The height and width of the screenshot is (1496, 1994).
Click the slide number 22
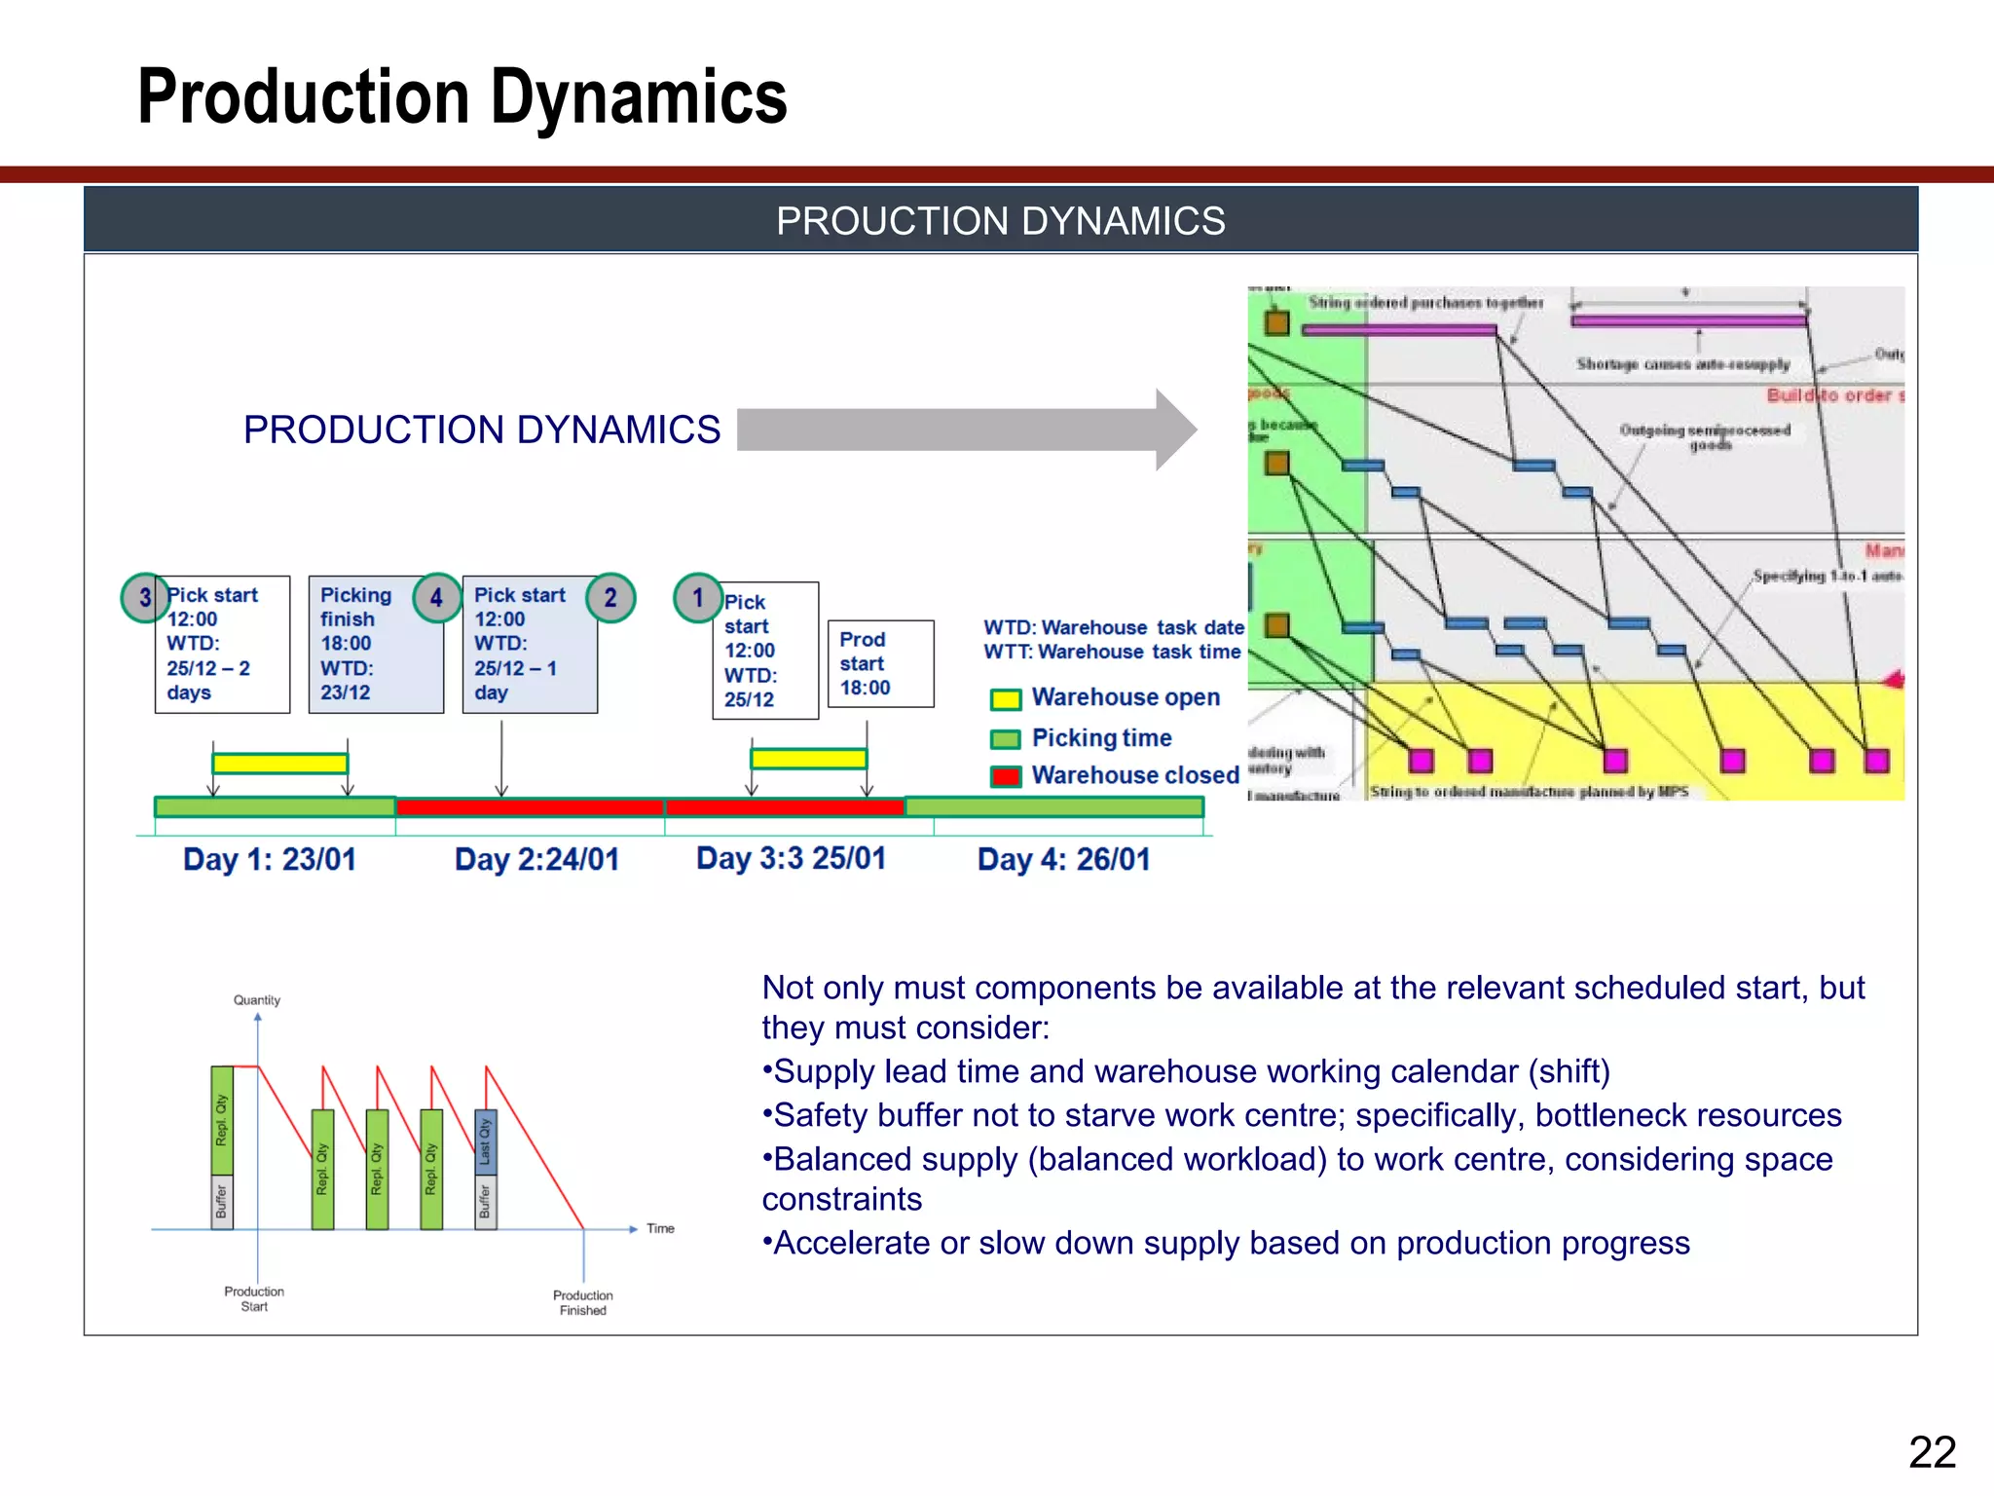point(1932,1452)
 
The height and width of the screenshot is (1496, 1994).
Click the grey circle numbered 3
point(145,597)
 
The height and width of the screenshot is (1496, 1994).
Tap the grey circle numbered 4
point(436,597)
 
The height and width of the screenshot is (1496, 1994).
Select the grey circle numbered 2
point(610,597)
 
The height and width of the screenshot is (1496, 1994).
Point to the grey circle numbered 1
point(697,597)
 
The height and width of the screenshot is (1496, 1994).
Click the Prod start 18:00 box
point(880,663)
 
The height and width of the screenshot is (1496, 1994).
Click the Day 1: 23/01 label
point(270,859)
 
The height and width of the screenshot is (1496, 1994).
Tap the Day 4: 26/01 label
point(1063,859)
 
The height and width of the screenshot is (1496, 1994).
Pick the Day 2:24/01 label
point(536,859)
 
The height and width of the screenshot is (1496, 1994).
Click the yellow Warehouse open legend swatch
point(1005,699)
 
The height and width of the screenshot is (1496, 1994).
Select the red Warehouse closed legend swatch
point(1005,776)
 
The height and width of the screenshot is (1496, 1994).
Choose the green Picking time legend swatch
point(1005,739)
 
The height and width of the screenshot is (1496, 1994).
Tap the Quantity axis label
point(257,1000)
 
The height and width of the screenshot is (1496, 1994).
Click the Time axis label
point(660,1228)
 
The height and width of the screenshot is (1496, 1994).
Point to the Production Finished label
point(582,1302)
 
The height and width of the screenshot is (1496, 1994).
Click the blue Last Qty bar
point(486,1141)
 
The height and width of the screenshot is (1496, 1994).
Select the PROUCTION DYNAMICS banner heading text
point(1000,221)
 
